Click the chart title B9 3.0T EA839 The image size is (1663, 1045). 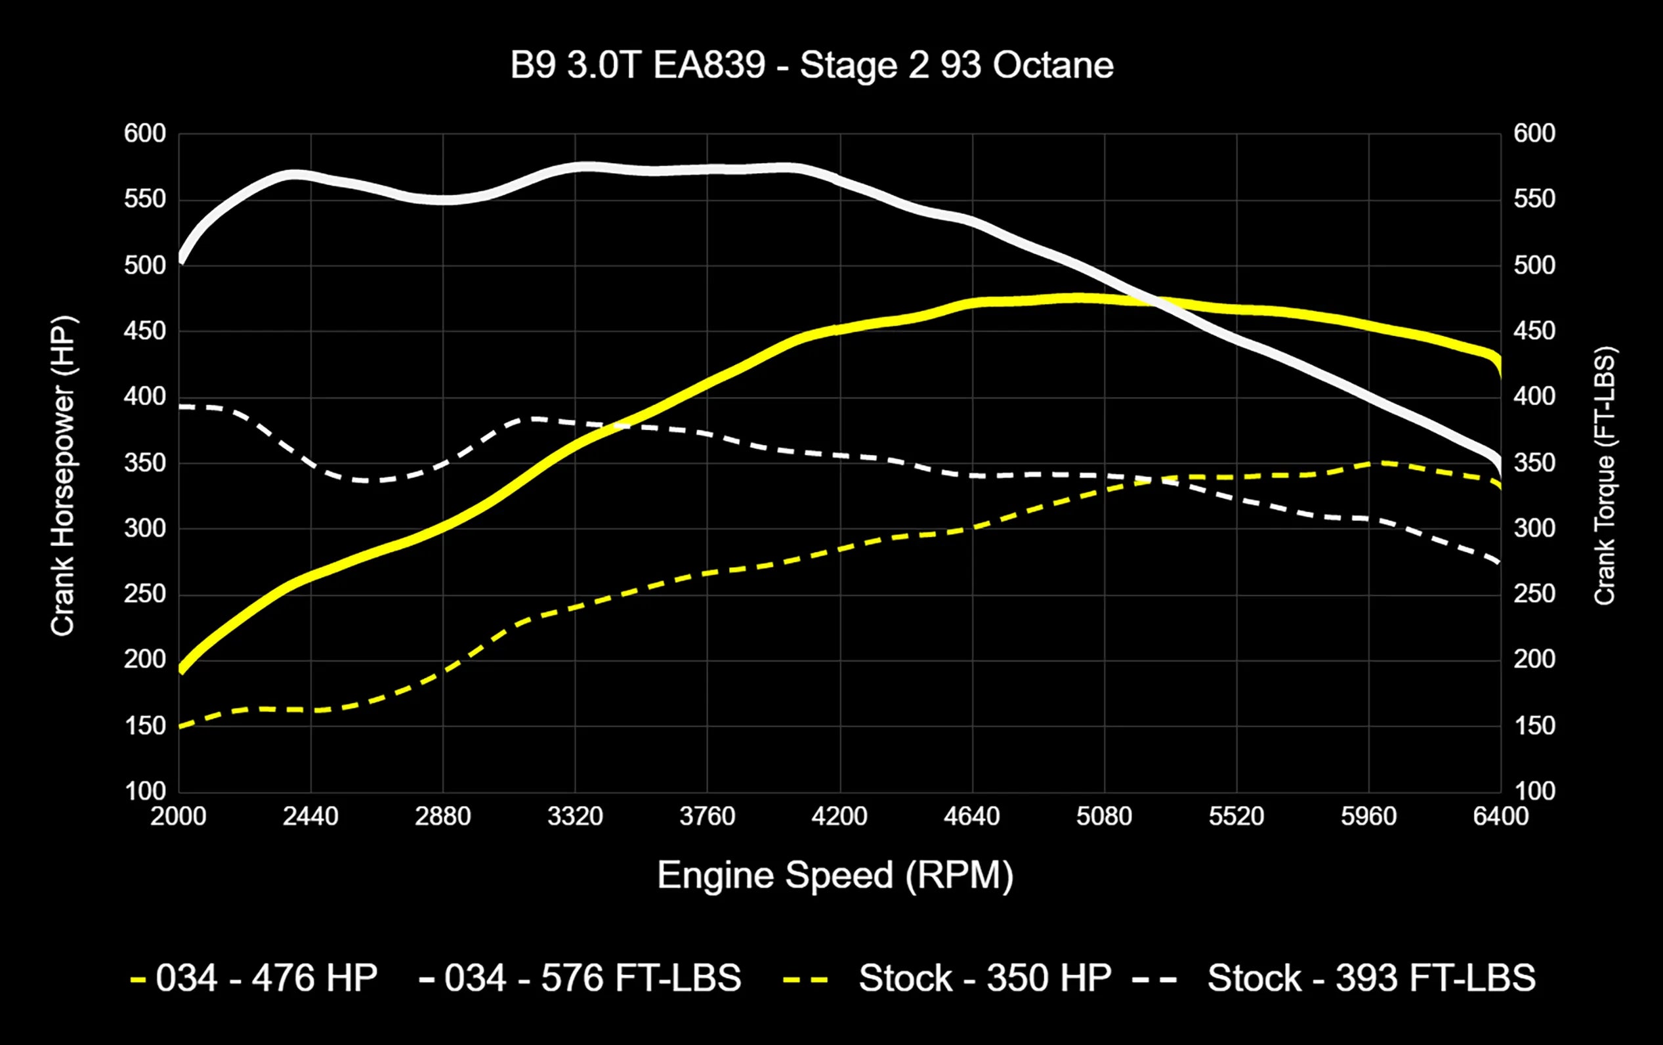(x=810, y=66)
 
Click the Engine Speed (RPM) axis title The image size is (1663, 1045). (x=834, y=876)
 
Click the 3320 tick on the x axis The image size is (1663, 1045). (x=575, y=817)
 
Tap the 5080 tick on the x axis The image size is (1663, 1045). (x=1104, y=817)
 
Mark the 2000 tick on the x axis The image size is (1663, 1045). (x=179, y=817)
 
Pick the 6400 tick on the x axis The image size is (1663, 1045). (x=1500, y=817)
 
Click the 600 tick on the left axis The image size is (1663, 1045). (x=145, y=133)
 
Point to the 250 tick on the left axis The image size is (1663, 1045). (x=145, y=594)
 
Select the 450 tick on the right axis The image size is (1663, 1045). (x=1534, y=331)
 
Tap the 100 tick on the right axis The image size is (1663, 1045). (x=1534, y=791)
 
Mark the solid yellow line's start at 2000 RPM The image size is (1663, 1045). (x=180, y=669)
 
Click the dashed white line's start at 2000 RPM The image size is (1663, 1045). (x=180, y=407)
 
